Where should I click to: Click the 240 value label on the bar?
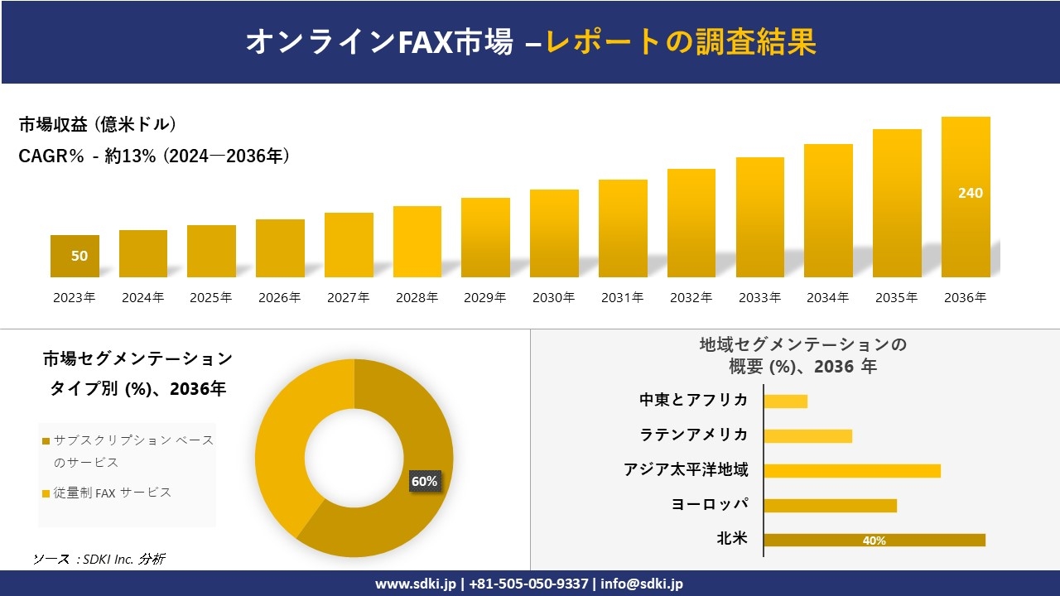pos(970,193)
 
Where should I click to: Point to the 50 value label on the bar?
pos(79,256)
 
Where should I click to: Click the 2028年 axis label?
pos(417,298)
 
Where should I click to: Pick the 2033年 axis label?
pos(759,298)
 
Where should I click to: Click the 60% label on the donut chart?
pos(424,481)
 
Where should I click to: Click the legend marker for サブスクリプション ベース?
pos(46,441)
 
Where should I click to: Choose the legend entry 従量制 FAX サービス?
pos(112,493)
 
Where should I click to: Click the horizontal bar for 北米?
pos(874,540)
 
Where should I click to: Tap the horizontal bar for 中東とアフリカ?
pos(785,401)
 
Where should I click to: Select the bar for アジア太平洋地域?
pos(852,470)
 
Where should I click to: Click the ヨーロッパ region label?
pos(710,504)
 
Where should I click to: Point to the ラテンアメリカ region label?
pos(693,435)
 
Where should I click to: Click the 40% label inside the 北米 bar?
pos(874,541)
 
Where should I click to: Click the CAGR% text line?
pos(154,156)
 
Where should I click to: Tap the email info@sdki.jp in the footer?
pos(642,584)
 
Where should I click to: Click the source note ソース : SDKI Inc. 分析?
pos(99,559)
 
